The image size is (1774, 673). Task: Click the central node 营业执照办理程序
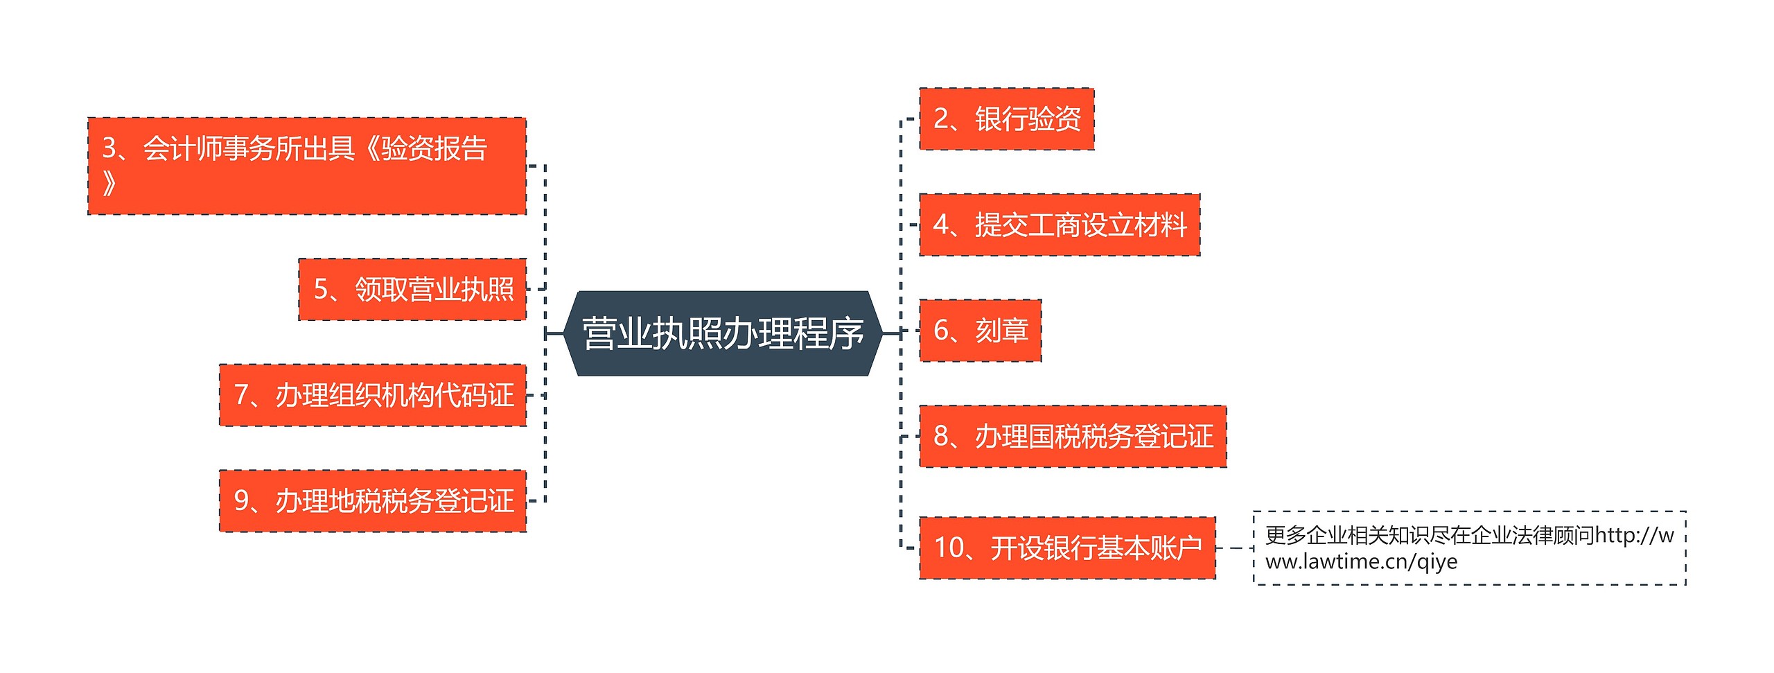coord(723,333)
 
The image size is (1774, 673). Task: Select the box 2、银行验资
coord(1006,119)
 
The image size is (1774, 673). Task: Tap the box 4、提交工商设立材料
coord(1059,225)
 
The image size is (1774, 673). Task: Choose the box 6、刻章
coord(980,331)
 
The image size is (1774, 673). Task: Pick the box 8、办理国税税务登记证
coord(1072,437)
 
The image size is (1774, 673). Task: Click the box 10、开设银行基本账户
coord(1067,548)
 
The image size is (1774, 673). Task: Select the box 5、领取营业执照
coord(412,289)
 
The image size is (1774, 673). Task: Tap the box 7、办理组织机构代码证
coord(373,395)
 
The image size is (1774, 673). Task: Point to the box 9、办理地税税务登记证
coord(373,501)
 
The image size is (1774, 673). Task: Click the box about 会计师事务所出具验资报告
coord(306,166)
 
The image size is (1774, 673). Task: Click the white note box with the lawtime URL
coord(1469,548)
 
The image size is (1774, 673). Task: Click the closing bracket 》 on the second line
coord(109,184)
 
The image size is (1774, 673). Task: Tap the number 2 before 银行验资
coord(941,119)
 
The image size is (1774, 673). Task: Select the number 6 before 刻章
coord(941,331)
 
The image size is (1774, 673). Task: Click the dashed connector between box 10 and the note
coord(1234,548)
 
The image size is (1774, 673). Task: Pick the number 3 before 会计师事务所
coord(109,148)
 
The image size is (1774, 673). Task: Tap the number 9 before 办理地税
coord(241,501)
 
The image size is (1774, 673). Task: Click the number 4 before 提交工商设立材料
coord(941,225)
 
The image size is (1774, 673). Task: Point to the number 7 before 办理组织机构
coord(241,395)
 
